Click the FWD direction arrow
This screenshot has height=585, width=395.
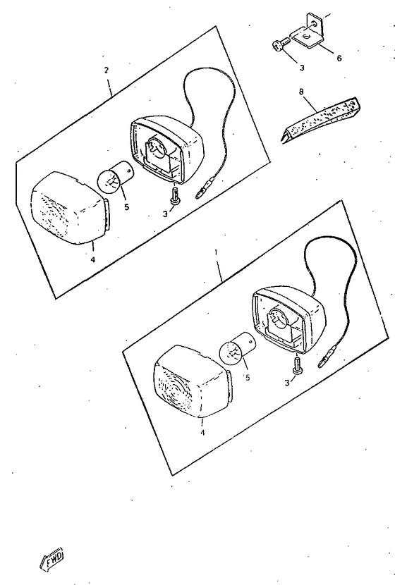pyautogui.click(x=51, y=558)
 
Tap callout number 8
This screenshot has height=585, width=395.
pyautogui.click(x=301, y=91)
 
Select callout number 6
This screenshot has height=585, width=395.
pyautogui.click(x=339, y=58)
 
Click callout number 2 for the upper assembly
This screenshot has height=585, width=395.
pyautogui.click(x=107, y=70)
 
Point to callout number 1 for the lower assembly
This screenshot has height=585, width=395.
pyautogui.click(x=216, y=252)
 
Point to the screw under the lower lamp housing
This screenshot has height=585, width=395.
pyautogui.click(x=297, y=364)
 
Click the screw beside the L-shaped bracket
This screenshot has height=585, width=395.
pyautogui.click(x=281, y=43)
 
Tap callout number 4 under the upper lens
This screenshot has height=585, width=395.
pyautogui.click(x=92, y=259)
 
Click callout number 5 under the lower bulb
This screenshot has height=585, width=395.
pyautogui.click(x=248, y=378)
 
